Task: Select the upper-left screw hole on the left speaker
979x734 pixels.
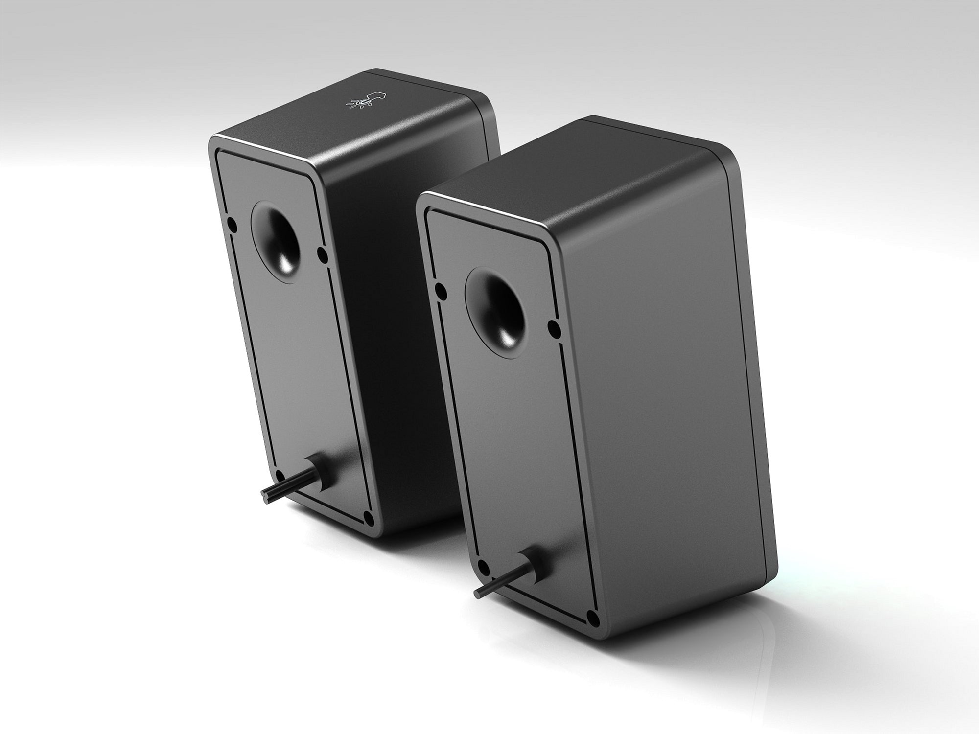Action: pyautogui.click(x=233, y=225)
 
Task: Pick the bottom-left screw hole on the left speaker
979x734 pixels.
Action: pyautogui.click(x=280, y=476)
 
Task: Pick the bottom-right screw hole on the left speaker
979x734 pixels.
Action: pyautogui.click(x=370, y=516)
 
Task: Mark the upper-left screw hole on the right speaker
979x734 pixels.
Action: pyautogui.click(x=441, y=292)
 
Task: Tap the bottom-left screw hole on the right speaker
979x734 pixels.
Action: pyautogui.click(x=483, y=568)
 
